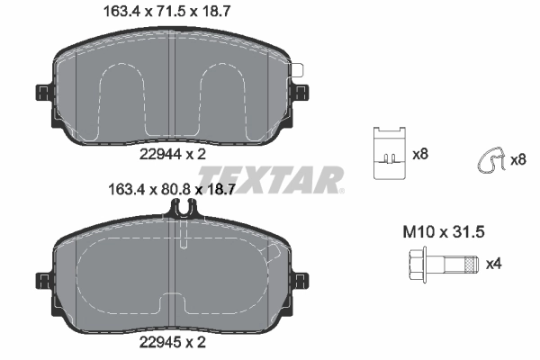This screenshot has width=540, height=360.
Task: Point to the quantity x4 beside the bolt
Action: tap(493, 265)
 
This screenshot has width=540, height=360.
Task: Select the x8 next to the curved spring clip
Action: tap(517, 160)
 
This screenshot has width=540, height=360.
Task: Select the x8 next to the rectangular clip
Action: tap(419, 155)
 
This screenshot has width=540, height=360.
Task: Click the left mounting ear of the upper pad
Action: tap(43, 93)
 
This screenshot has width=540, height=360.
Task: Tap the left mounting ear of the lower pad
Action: tap(43, 280)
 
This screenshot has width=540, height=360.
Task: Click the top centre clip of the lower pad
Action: tap(182, 209)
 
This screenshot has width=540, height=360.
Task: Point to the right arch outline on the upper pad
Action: tap(222, 99)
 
